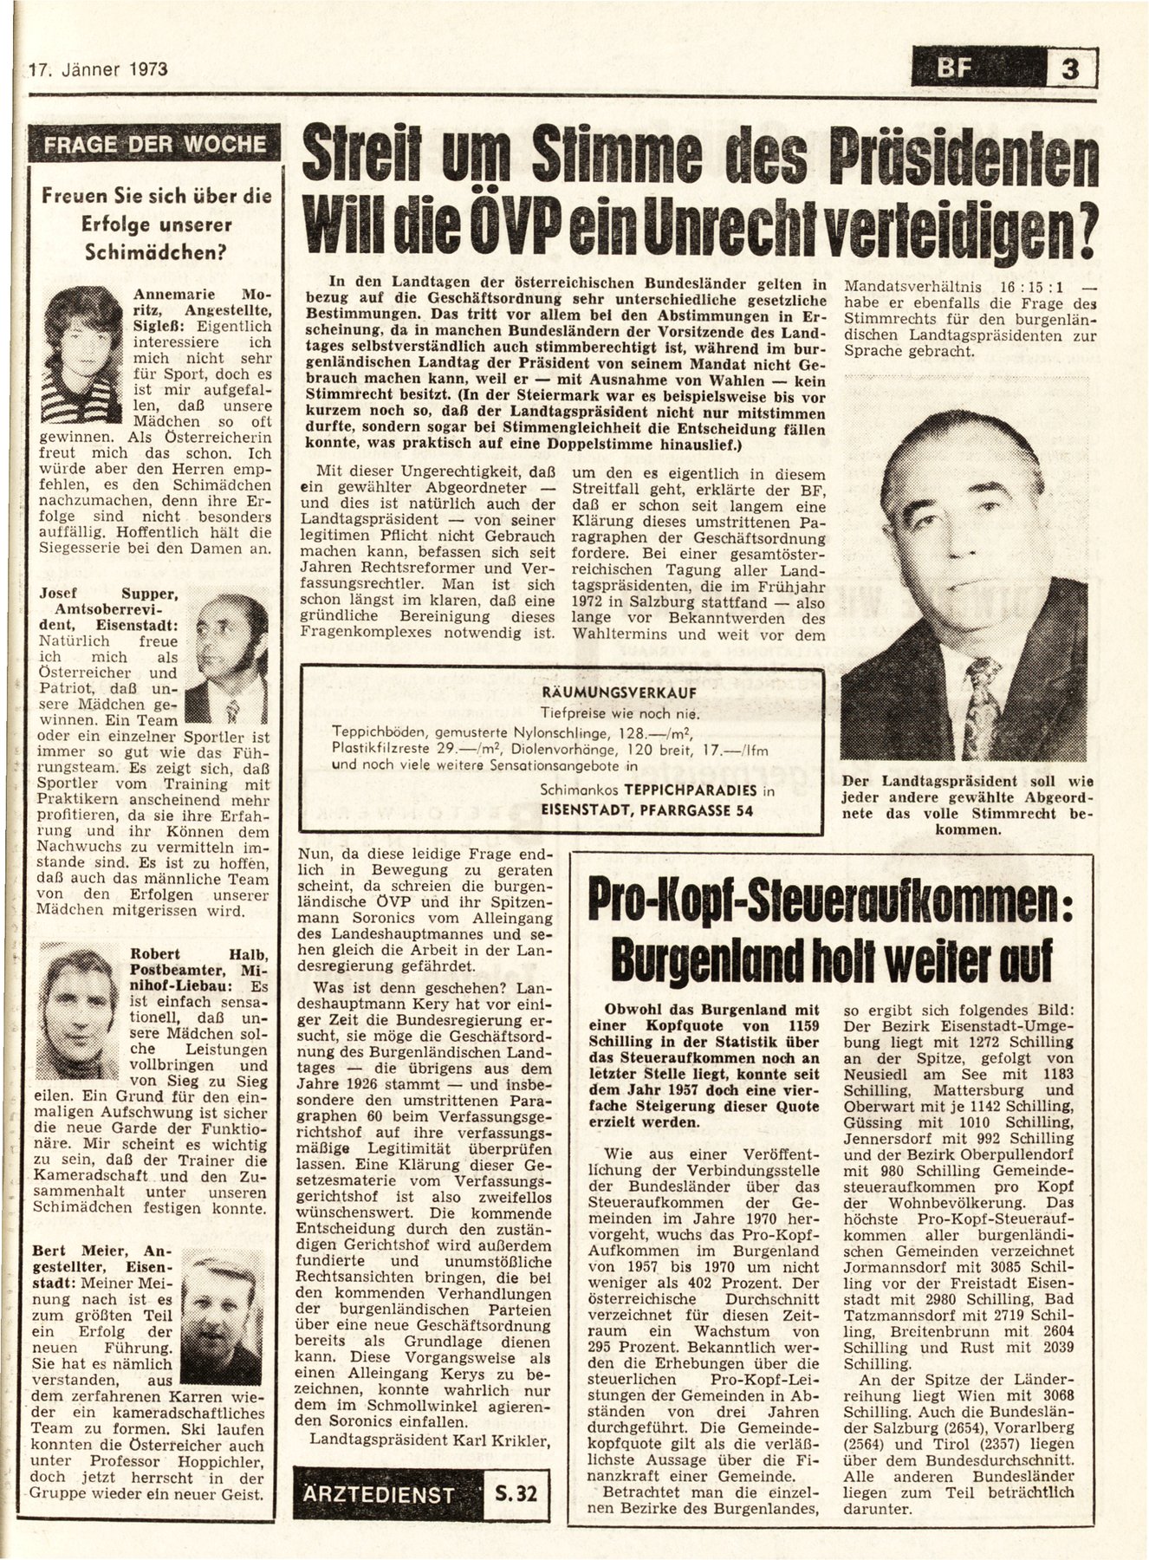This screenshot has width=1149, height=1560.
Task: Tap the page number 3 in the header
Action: pyautogui.click(x=1070, y=68)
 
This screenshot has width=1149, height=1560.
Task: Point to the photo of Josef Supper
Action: pyautogui.click(x=228, y=659)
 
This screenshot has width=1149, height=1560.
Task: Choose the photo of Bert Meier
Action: pyautogui.click(x=227, y=1314)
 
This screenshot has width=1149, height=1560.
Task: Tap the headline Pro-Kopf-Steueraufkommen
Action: pyautogui.click(x=828, y=902)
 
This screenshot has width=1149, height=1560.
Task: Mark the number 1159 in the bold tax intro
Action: pyautogui.click(x=793, y=1025)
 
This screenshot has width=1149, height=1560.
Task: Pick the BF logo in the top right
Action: pyautogui.click(x=977, y=68)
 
